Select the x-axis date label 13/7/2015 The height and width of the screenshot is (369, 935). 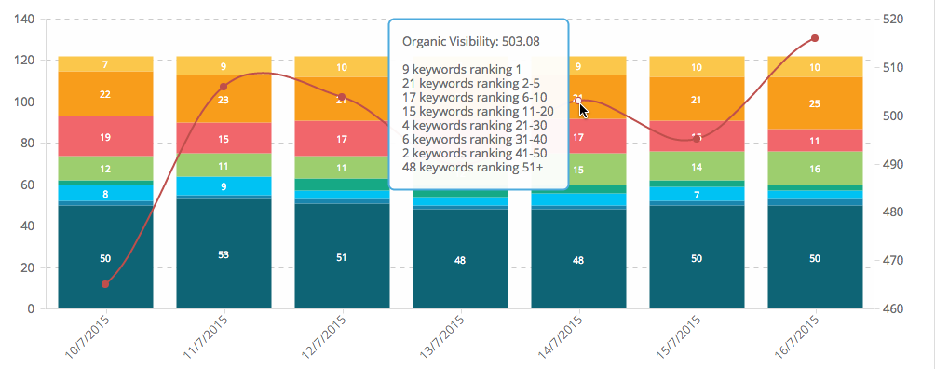point(440,338)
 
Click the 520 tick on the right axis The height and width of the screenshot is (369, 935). point(897,20)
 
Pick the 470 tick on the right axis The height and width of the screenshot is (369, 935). point(897,261)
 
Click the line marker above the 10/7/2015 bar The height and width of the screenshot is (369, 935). point(105,284)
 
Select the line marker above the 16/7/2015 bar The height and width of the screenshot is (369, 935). point(815,38)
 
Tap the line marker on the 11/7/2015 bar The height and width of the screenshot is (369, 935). point(224,87)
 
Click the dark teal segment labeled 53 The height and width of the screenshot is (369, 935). point(224,254)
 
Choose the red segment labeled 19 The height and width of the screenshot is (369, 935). point(105,136)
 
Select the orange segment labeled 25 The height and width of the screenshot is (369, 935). point(815,103)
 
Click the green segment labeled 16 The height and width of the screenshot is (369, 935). point(815,169)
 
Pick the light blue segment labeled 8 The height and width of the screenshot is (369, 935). point(105,194)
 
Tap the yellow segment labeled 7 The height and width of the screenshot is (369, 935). point(105,64)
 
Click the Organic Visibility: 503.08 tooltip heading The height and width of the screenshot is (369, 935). point(470,41)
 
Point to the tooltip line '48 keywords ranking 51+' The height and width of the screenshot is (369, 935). point(472,167)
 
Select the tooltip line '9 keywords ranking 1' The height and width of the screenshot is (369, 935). point(461,69)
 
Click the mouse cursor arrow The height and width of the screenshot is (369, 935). point(583,111)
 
